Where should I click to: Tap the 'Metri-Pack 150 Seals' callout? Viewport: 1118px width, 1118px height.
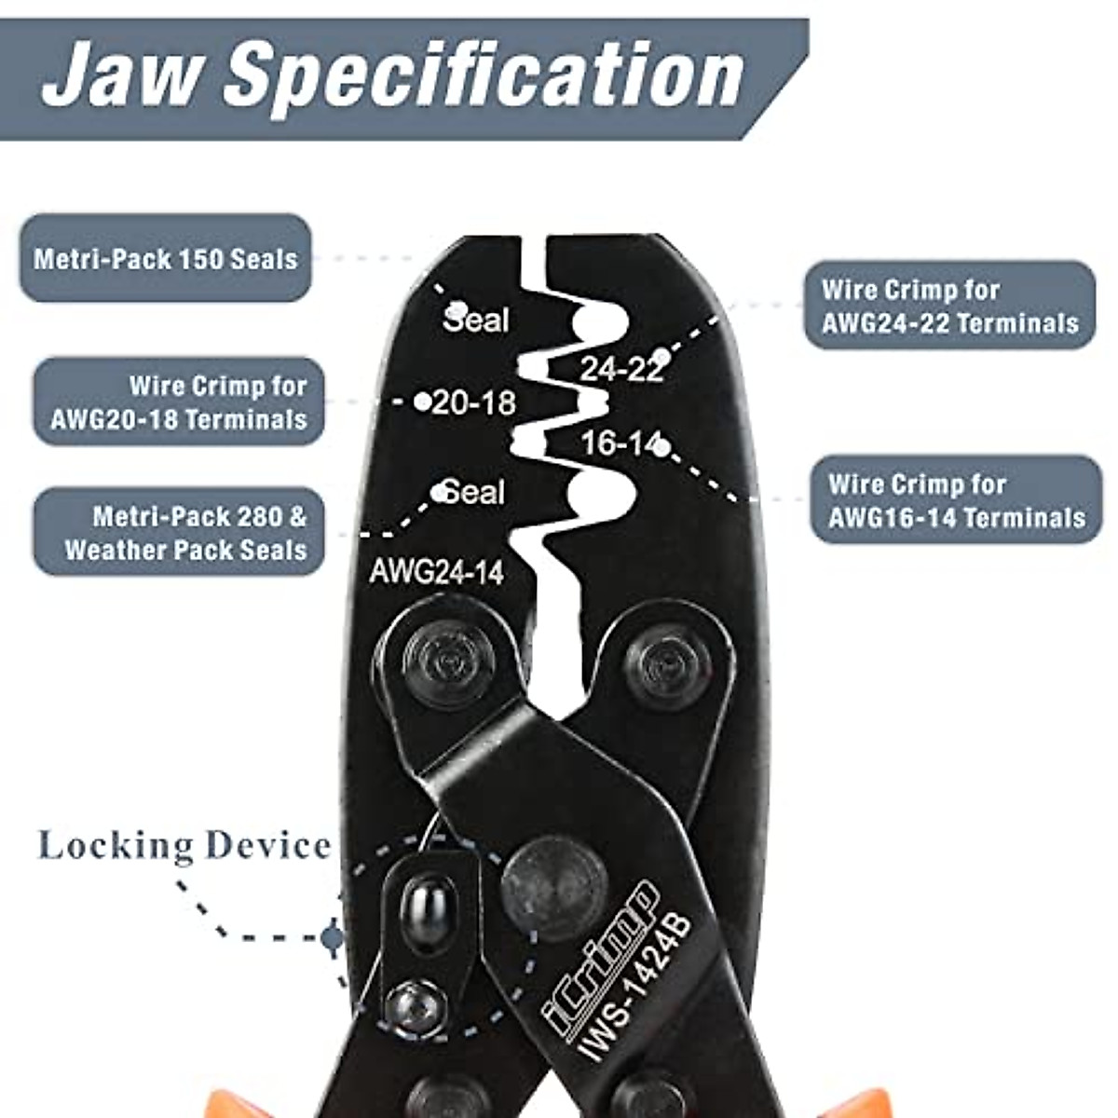tap(165, 258)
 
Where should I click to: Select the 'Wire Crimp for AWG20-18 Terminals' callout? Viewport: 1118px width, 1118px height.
tap(178, 402)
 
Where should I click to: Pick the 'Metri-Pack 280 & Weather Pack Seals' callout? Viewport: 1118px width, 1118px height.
tap(180, 532)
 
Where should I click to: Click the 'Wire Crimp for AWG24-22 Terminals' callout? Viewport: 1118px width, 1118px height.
tap(949, 306)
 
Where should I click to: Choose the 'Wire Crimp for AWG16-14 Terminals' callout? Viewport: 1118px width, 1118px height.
tap(956, 500)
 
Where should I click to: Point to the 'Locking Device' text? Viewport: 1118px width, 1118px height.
tap(184, 846)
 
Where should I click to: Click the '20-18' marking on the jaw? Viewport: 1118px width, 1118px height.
tap(474, 402)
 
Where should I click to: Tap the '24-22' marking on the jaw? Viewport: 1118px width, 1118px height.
tap(621, 369)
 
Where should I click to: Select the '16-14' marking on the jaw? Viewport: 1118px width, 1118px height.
tap(620, 443)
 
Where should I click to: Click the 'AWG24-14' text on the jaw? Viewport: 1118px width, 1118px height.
tap(436, 571)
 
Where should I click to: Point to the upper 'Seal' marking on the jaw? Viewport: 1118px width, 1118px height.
tap(476, 320)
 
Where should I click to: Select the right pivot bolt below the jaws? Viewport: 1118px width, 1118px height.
tap(667, 664)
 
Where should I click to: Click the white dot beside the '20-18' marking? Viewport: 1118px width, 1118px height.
tap(422, 402)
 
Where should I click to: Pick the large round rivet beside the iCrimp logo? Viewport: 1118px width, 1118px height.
tap(554, 887)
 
